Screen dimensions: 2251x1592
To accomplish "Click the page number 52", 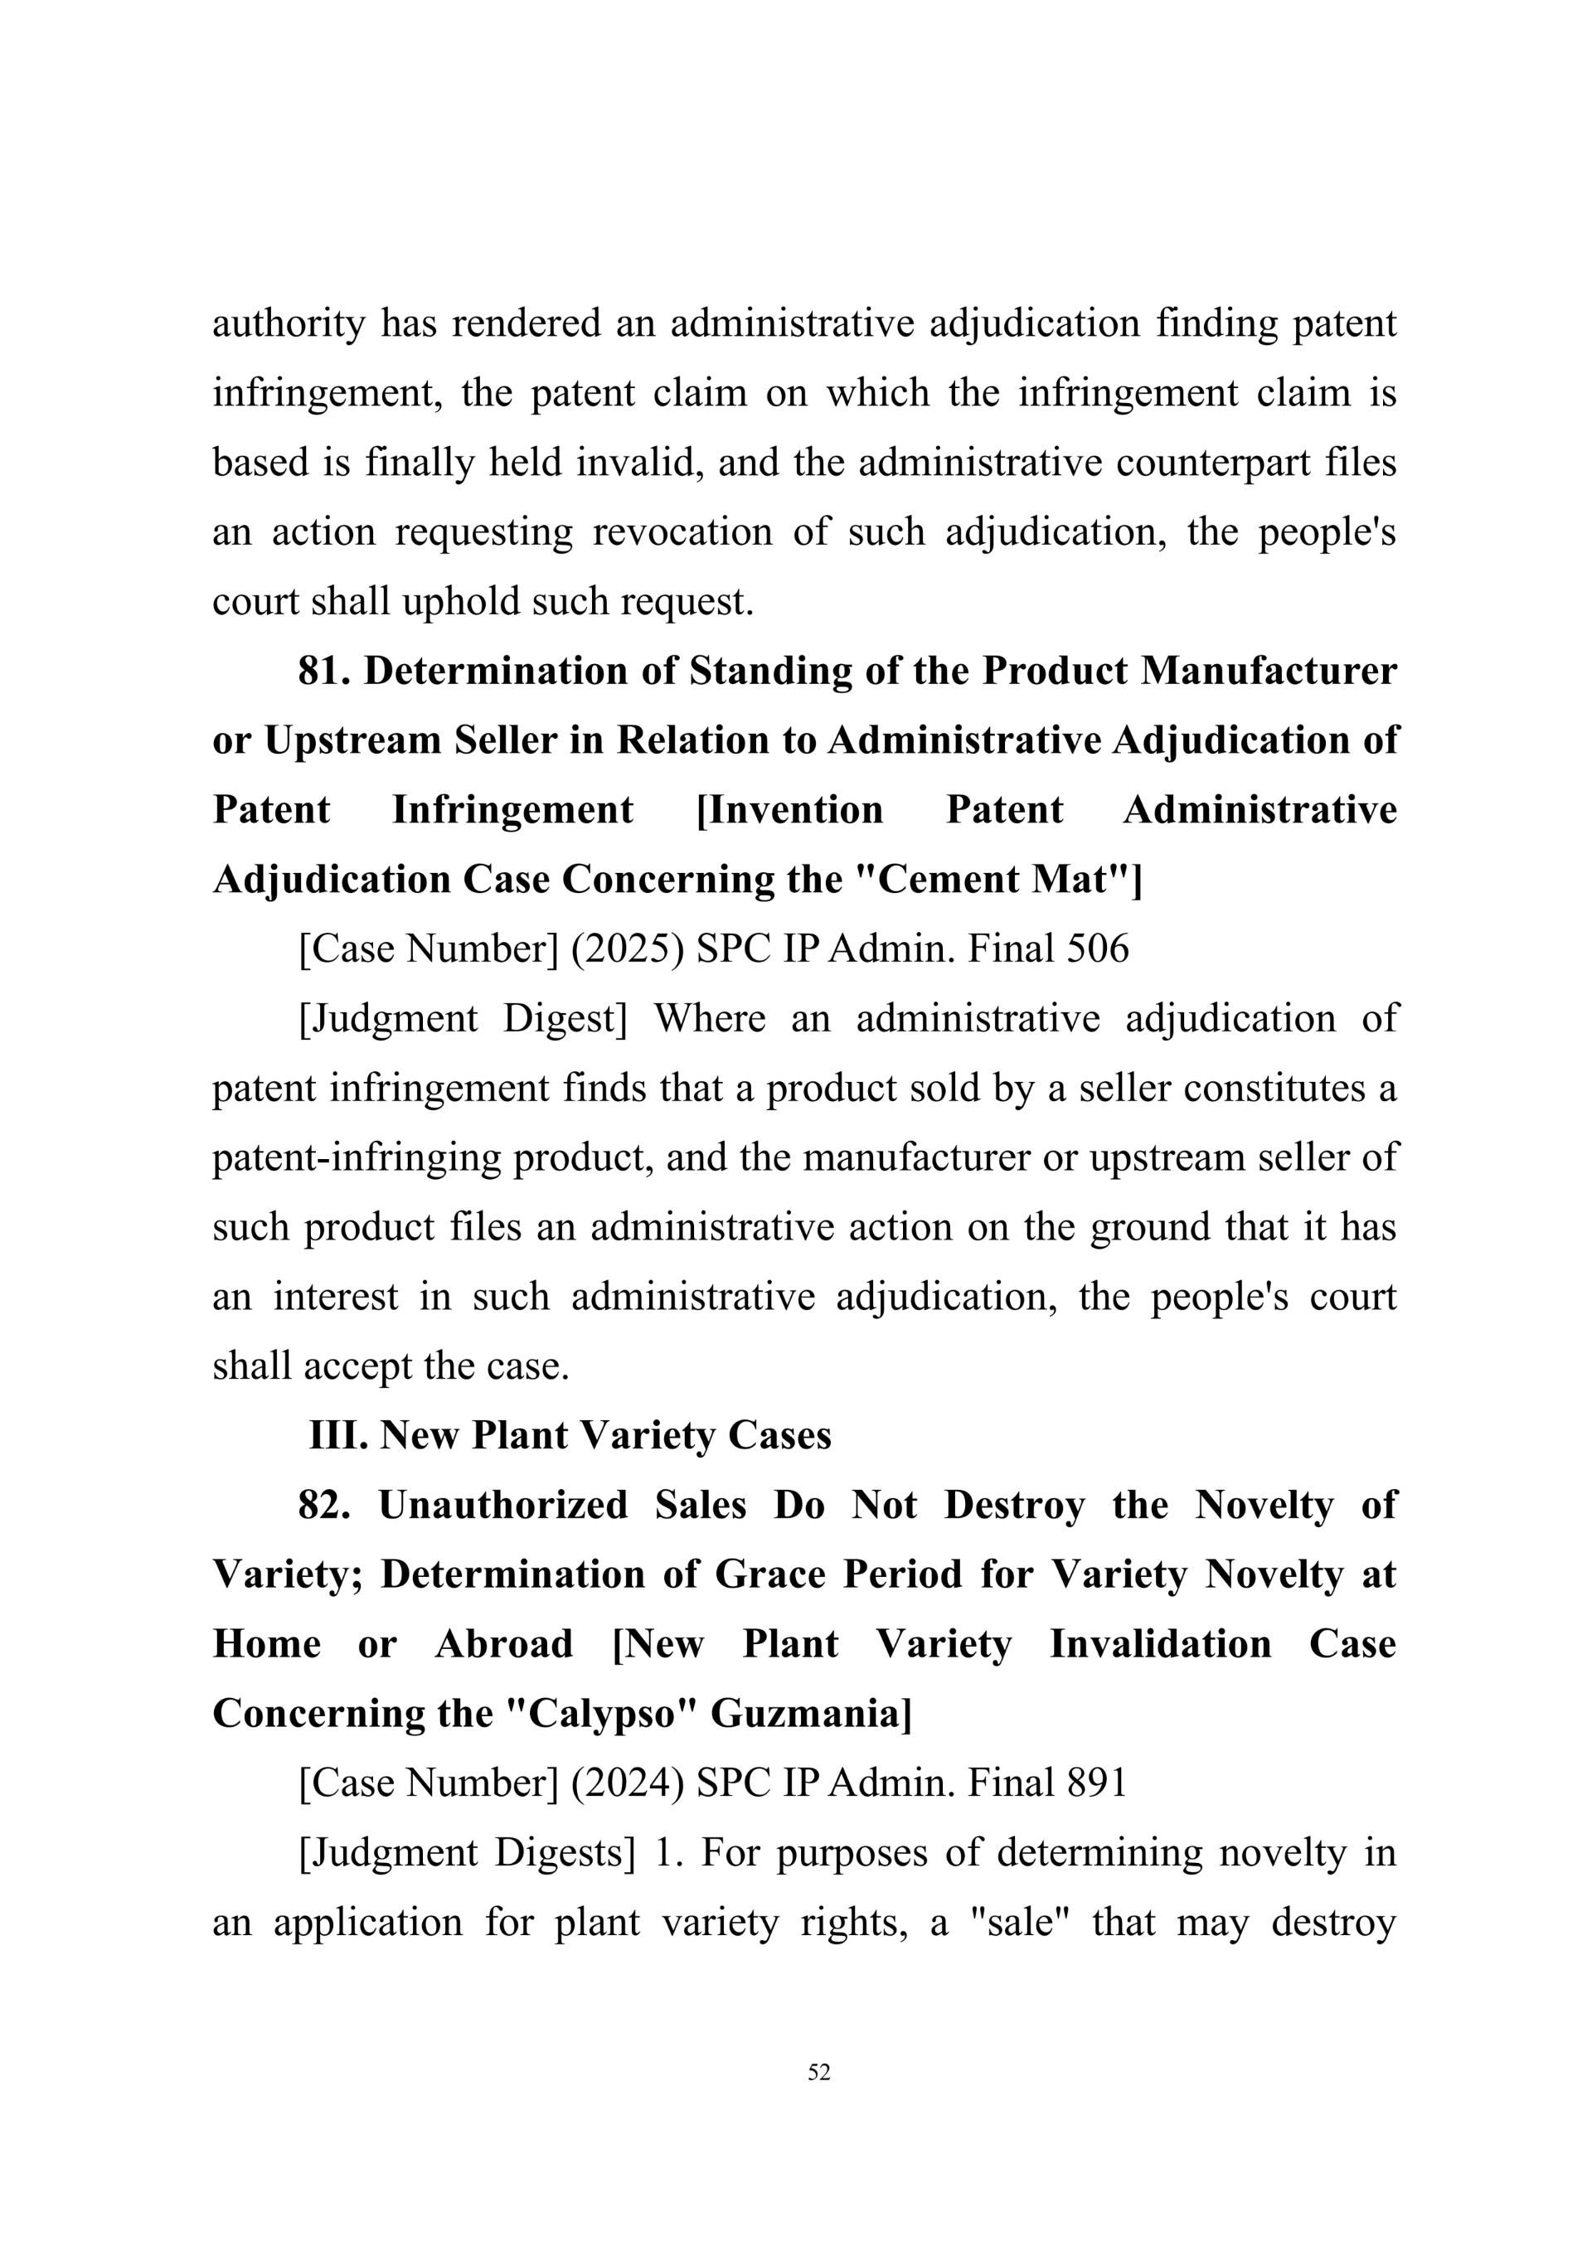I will [x=818, y=2072].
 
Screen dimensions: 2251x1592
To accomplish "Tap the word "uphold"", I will [x=461, y=602].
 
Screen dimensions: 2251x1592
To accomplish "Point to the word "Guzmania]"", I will [x=811, y=1715].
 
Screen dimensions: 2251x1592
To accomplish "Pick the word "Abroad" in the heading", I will [x=504, y=1645].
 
